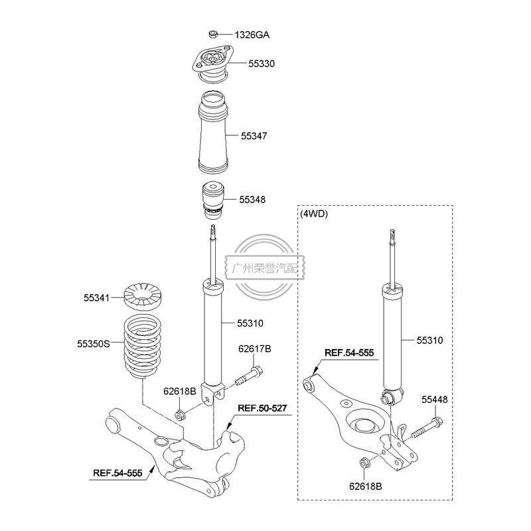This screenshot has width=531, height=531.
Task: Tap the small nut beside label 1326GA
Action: pos(214,34)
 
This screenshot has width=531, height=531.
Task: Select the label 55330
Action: pos(262,64)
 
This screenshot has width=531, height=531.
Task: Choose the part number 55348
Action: pos(252,199)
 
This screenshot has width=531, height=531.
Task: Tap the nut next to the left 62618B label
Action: pos(179,416)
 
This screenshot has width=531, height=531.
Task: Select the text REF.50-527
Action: pos(262,408)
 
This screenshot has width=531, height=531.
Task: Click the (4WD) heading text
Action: pos(315,214)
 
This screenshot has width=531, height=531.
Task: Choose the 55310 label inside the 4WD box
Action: pos(429,341)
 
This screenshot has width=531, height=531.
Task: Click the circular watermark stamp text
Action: pos(264,268)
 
